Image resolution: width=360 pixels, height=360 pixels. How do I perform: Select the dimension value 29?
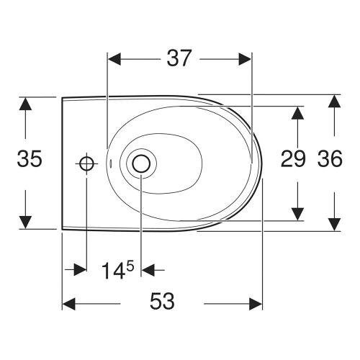tap(293, 160)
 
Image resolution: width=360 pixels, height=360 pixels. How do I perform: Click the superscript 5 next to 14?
tap(132, 265)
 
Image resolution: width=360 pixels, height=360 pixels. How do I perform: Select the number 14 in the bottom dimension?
tap(112, 271)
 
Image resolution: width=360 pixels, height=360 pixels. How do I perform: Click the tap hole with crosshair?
tap(87, 163)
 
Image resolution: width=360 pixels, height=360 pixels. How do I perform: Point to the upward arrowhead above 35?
tap(26, 104)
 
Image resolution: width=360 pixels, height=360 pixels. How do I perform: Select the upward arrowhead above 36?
tap(334, 102)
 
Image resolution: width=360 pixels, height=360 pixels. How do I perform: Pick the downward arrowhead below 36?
tap(334, 224)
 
